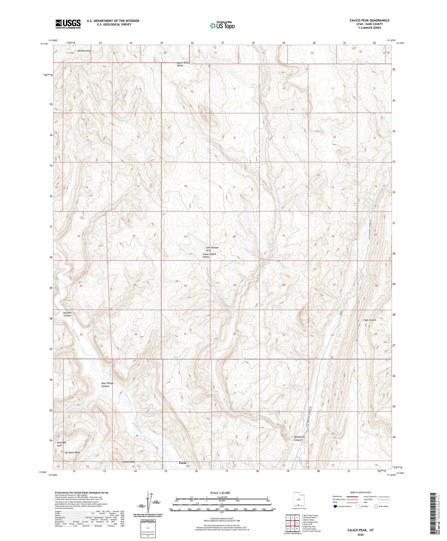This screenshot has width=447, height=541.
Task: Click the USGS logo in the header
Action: (x=68, y=24)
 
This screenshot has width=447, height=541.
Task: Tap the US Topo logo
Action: (x=222, y=25)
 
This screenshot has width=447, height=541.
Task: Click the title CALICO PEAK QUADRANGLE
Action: (x=369, y=20)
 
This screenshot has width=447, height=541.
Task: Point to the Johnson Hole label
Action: (x=84, y=51)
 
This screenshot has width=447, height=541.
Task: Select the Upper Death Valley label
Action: (x=183, y=64)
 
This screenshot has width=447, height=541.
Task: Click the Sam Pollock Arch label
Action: (x=212, y=249)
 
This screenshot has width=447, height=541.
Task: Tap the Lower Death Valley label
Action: (x=209, y=255)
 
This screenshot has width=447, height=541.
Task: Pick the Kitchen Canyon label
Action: (x=67, y=314)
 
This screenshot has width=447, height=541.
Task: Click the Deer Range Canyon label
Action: (x=107, y=385)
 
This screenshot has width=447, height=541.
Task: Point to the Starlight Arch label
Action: (x=61, y=444)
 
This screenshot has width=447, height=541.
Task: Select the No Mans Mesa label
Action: (x=72, y=452)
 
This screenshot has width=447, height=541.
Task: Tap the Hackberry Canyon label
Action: (x=299, y=438)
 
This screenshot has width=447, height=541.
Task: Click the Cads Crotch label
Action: (x=369, y=320)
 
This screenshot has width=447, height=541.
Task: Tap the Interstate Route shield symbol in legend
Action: (x=335, y=506)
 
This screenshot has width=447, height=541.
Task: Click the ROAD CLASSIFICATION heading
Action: (x=360, y=492)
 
